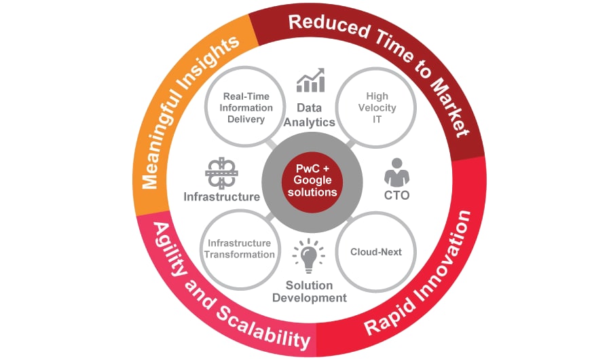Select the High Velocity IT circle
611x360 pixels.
(x=376, y=108)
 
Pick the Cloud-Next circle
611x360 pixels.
(x=375, y=252)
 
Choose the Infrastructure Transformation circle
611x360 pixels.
(x=240, y=249)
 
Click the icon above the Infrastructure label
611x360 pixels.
(x=221, y=173)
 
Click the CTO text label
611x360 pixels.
(x=397, y=196)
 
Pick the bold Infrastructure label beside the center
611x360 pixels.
(x=221, y=197)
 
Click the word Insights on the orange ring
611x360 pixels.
(x=217, y=58)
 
